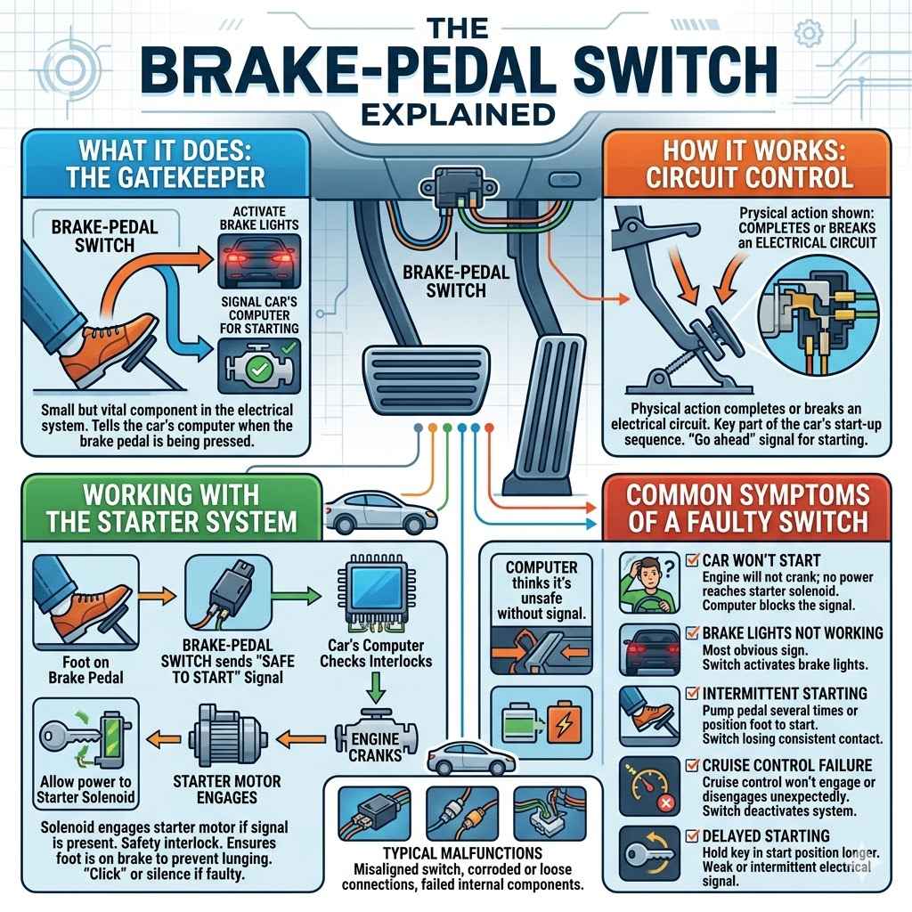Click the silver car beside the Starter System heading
click(365, 514)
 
